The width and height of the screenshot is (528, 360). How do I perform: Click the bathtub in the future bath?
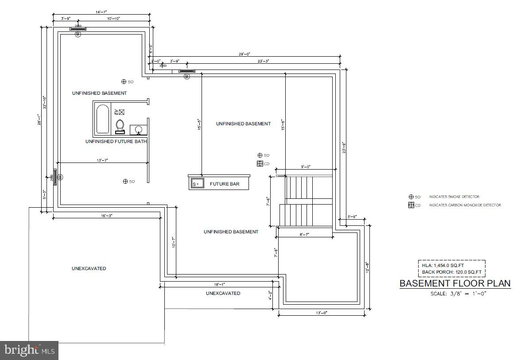[103, 119]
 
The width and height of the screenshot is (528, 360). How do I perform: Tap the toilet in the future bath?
[120, 127]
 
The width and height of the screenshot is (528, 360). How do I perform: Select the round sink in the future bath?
[139, 130]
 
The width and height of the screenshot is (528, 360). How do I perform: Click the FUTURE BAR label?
[225, 184]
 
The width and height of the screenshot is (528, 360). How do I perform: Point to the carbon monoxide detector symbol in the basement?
[260, 163]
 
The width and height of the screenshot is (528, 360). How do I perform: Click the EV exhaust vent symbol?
[121, 112]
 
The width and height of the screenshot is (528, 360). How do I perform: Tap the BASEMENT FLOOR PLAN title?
[455, 283]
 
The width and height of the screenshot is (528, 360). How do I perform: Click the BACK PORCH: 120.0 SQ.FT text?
[452, 271]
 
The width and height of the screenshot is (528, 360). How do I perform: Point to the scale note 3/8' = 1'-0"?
[458, 294]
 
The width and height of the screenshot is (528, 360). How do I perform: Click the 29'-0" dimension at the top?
[245, 54]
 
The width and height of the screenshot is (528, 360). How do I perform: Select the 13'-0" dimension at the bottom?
[321, 313]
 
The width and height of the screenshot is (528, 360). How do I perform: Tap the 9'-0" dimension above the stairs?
[306, 167]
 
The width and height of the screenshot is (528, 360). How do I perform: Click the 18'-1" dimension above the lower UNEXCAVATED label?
[219, 284]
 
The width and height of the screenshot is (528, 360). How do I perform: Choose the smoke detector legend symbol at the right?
[411, 197]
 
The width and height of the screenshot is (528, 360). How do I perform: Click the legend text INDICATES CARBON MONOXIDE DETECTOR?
[465, 205]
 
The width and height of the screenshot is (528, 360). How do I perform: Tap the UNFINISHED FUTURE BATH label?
[116, 141]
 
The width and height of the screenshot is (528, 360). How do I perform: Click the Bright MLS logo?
[30, 350]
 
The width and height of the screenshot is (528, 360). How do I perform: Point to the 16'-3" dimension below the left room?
[106, 215]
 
